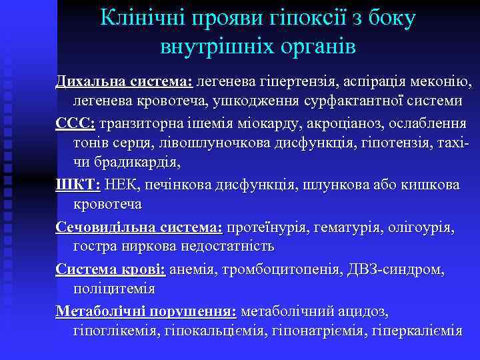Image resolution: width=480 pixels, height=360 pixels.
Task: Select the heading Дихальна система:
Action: [x=124, y=81]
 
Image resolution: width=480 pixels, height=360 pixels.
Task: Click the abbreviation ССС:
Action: [x=75, y=125]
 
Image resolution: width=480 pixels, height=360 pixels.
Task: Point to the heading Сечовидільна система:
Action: [x=139, y=228]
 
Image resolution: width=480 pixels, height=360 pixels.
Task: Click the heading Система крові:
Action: [x=111, y=270]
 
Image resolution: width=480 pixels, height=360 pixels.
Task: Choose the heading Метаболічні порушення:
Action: [x=145, y=311]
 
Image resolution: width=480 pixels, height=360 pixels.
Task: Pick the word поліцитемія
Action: [x=113, y=289]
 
